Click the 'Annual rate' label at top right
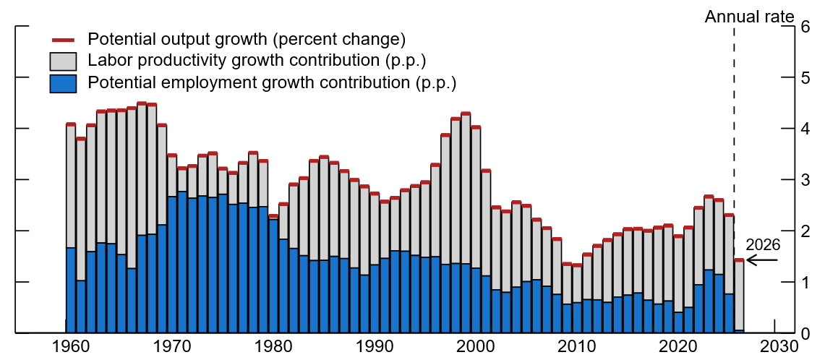point(749,16)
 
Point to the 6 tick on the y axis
point(804,27)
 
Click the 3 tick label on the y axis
point(804,180)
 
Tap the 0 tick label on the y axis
point(804,334)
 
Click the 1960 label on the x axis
point(71,348)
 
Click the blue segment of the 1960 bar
point(71,289)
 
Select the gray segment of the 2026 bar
point(739,296)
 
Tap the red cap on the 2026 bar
point(739,260)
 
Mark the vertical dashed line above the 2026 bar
point(734,145)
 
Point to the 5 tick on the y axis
point(804,78)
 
